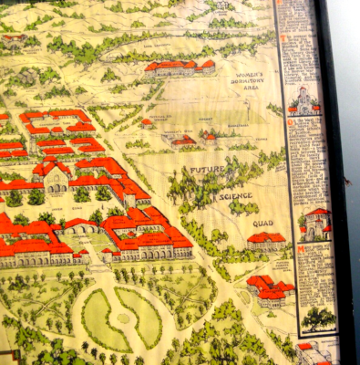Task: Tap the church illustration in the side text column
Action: [305, 99]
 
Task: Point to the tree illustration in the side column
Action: [317, 317]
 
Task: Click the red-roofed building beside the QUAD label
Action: [265, 241]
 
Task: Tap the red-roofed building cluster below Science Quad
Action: [271, 288]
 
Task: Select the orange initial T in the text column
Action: [283, 39]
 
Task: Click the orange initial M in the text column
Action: [302, 249]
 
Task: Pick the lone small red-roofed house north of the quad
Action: [147, 121]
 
